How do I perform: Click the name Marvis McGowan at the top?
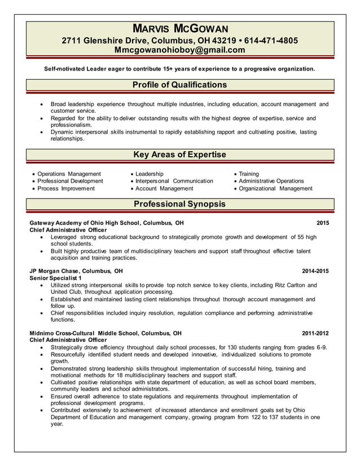[180, 28]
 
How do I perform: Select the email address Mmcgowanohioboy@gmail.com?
[180, 50]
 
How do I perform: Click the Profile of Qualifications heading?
[179, 85]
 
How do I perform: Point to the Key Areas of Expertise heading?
[179, 155]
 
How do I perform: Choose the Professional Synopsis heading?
[179, 204]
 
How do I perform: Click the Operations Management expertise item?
[69, 174]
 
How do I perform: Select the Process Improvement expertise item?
[66, 188]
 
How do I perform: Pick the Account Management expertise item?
[164, 188]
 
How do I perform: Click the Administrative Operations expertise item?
[271, 181]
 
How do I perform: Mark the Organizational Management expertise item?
[275, 188]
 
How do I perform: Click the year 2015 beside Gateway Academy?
[322, 223]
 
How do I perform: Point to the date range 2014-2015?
[315, 271]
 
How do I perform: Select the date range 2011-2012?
[315, 333]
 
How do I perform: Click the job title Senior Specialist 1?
[55, 278]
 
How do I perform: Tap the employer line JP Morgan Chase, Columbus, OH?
[76, 271]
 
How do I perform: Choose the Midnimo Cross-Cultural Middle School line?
[106, 333]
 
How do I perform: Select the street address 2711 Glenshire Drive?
[105, 41]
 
